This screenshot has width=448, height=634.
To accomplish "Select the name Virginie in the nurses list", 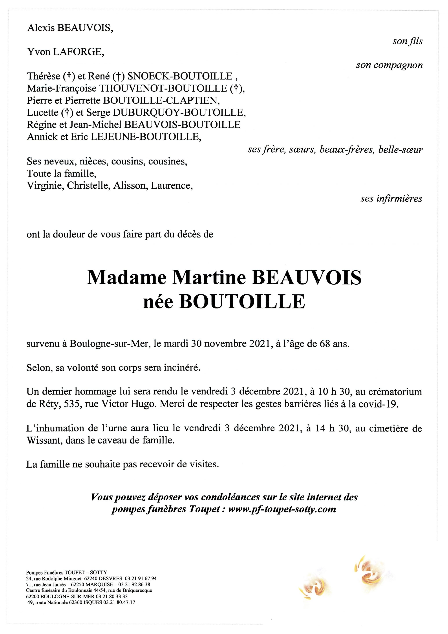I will click(x=45, y=186).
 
